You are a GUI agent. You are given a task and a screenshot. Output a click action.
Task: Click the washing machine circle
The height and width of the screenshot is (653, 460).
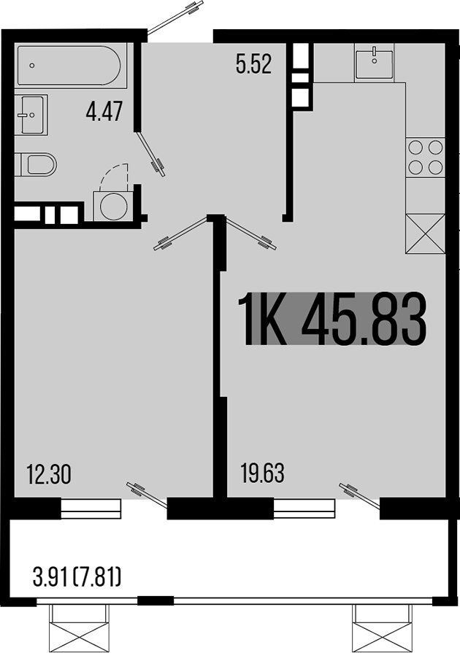coord(112,205)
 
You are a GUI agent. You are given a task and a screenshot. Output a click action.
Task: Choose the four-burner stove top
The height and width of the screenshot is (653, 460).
coord(426,156)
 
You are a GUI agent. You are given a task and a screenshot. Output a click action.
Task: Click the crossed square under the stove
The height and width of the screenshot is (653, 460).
coord(425,233)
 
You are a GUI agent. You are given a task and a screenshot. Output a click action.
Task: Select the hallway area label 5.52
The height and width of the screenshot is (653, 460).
coord(253,66)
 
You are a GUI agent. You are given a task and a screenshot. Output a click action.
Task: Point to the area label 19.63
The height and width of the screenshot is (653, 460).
coord(262,474)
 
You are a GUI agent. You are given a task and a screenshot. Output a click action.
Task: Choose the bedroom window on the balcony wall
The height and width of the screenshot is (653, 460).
coord(91,509)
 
